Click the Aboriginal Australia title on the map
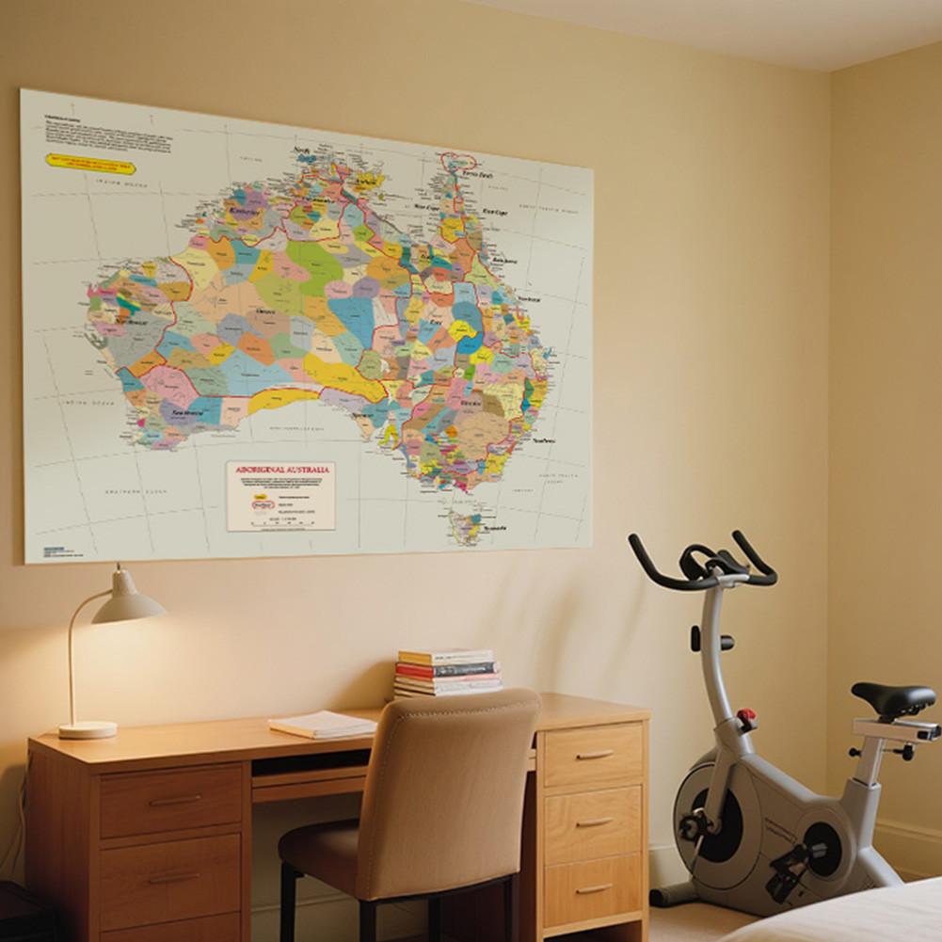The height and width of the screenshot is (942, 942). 280,469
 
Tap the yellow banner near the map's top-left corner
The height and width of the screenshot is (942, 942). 90,166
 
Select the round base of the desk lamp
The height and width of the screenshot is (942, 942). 88,729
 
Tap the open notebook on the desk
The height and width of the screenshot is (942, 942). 322,724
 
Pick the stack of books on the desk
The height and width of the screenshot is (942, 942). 447,672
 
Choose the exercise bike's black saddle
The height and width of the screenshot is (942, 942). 893,699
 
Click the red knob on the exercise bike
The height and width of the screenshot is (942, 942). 747,718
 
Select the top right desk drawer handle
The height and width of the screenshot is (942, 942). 595,754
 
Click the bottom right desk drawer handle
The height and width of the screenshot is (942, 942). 594,887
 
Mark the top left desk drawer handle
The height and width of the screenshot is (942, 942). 174,800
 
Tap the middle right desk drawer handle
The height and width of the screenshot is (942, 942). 594,822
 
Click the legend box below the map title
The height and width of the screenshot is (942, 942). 280,503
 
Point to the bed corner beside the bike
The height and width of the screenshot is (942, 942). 847,918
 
